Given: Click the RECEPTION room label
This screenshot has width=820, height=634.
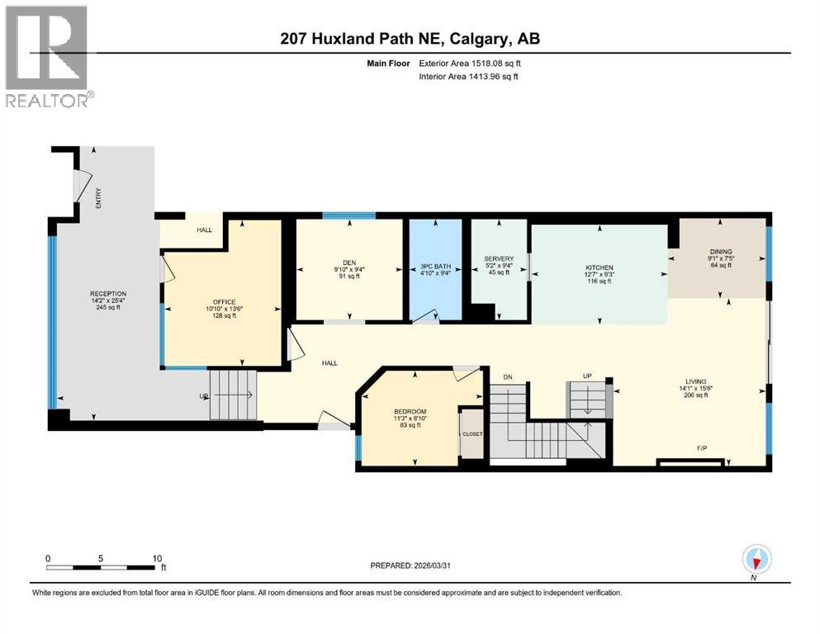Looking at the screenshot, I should pos(107,293).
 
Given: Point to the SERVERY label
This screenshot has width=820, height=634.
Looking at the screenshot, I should pos(499,258).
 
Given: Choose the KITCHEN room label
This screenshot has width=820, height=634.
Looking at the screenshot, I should pos(600,267).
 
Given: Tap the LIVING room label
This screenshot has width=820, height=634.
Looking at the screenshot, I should pos(692,381).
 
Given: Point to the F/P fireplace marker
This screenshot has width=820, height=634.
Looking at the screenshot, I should pos(702,449).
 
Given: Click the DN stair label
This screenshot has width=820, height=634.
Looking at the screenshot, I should pos(508,377).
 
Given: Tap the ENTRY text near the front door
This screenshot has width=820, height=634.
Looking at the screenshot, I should pos(98,198).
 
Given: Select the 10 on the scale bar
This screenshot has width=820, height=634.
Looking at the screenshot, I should pos(156,558).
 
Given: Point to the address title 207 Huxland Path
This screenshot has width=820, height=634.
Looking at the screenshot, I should pos(410,39).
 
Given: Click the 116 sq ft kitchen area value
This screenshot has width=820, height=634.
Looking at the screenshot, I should pos(600,282).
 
